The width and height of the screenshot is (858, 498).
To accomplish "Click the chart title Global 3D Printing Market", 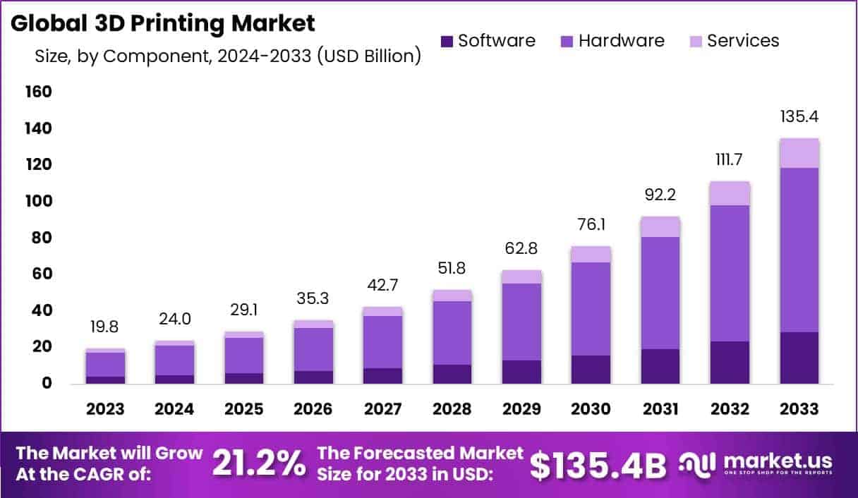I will click(x=162, y=23).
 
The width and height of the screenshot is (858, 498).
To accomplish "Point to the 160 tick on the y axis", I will click(x=38, y=92).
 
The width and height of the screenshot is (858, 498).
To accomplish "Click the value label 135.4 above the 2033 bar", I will click(x=799, y=116).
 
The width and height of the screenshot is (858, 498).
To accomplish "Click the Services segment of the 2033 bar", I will click(x=799, y=153).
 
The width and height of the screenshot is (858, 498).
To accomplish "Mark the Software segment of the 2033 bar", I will click(x=799, y=358).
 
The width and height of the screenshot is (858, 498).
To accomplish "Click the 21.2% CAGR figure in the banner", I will click(x=260, y=463).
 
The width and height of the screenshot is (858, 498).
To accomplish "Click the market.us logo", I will click(x=755, y=463).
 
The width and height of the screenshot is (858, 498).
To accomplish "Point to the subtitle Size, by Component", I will click(x=227, y=56).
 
